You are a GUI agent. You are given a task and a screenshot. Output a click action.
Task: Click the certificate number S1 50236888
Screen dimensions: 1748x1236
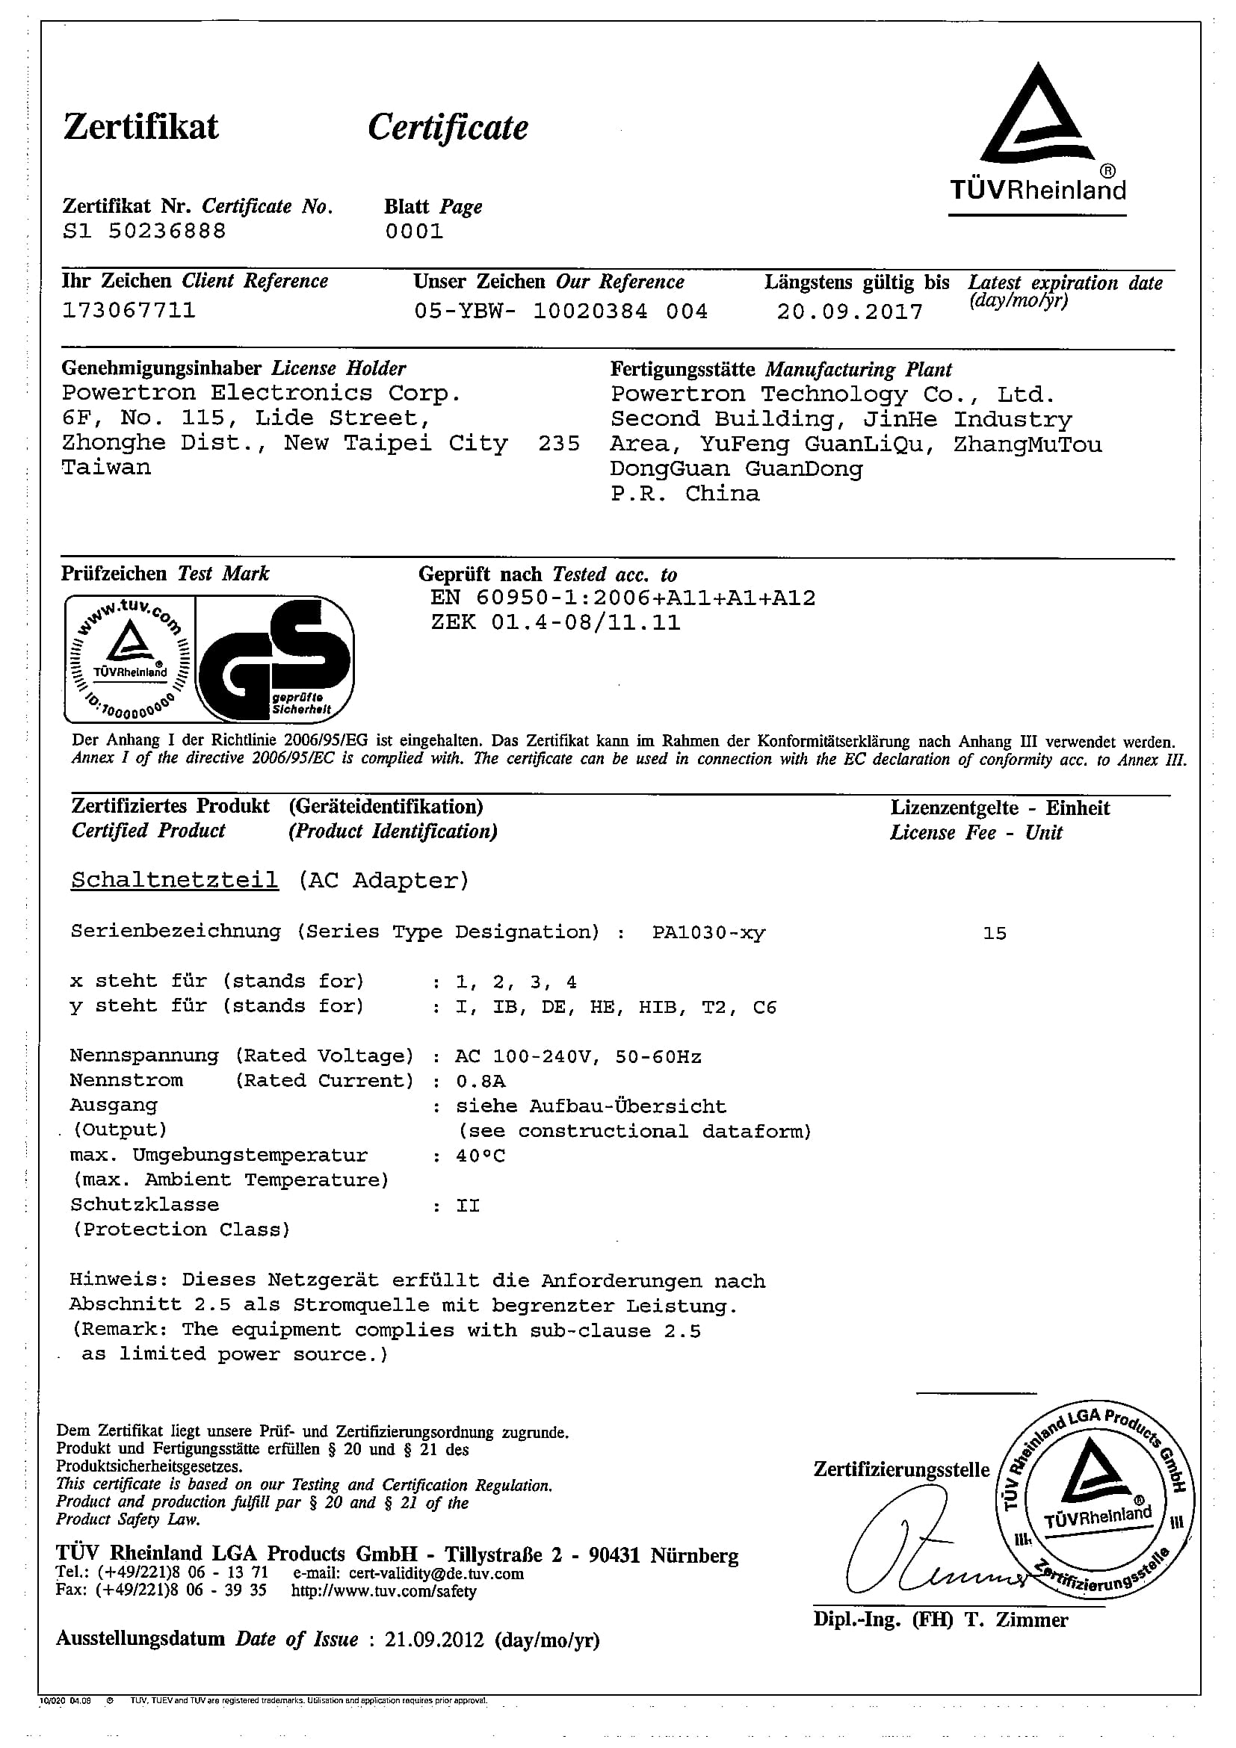(144, 232)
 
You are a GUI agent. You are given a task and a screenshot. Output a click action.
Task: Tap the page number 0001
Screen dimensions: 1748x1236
(413, 232)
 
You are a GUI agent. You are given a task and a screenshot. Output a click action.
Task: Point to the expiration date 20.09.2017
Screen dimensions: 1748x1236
(849, 312)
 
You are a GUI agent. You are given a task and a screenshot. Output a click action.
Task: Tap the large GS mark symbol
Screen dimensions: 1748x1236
(274, 660)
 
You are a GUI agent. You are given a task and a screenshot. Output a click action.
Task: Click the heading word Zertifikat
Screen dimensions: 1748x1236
(141, 127)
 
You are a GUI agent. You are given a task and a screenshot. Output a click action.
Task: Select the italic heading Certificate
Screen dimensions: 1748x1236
(448, 128)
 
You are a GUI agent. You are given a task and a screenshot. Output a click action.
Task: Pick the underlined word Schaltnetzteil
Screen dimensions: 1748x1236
(174, 880)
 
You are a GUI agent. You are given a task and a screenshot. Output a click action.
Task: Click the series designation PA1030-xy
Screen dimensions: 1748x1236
(708, 932)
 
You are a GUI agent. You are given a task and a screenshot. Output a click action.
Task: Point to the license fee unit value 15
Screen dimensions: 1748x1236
(995, 933)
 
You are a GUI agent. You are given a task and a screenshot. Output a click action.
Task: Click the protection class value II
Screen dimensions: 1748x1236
(468, 1206)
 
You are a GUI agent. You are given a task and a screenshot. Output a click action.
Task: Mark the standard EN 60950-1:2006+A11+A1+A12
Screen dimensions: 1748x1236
(622, 598)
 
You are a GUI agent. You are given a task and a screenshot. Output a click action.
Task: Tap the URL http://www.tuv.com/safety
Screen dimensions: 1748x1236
(384, 1591)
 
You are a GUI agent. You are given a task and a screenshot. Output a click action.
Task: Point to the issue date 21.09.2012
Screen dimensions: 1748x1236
(434, 1639)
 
